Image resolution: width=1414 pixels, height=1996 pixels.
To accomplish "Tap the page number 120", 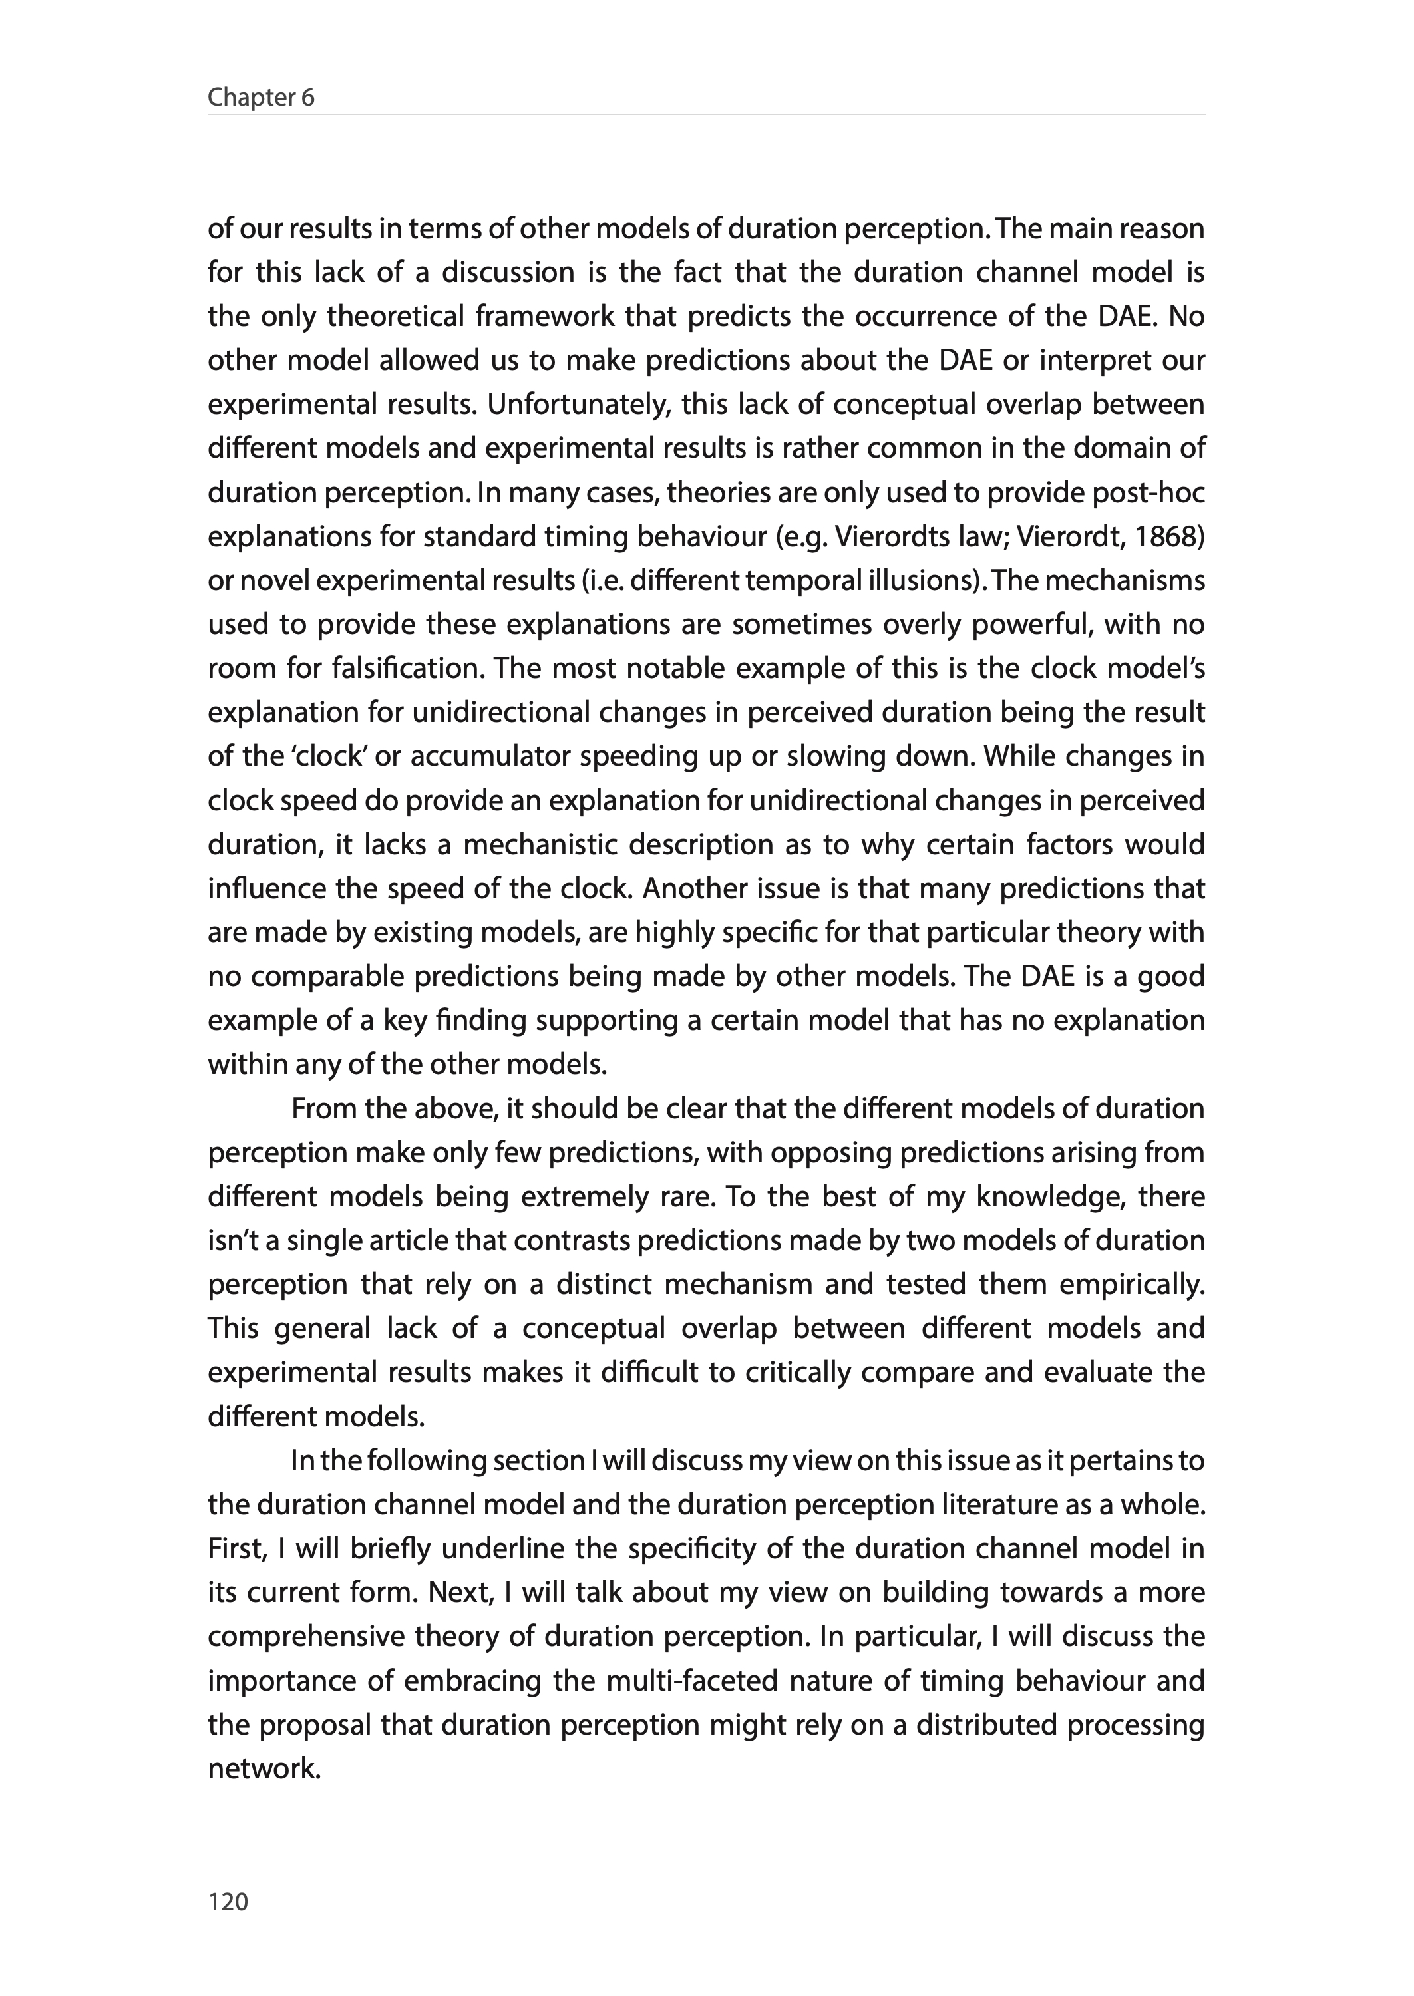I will click(x=228, y=1902).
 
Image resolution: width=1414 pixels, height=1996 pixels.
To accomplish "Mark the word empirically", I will click(x=1131, y=1284).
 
